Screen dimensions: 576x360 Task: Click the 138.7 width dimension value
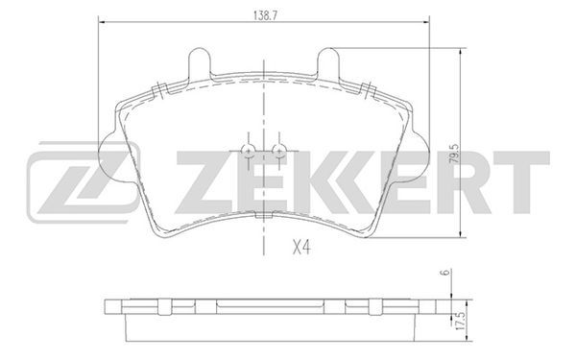pos(265,15)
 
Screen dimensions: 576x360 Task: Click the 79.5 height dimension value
pos(454,154)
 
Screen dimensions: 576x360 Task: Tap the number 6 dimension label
pos(446,273)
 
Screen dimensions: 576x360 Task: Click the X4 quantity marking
pos(301,248)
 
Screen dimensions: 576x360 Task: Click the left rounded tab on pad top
pos(200,61)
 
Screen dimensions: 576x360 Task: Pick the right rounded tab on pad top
pos(328,61)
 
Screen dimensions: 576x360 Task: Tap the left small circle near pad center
pos(248,151)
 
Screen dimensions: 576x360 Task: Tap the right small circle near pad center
pos(278,151)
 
